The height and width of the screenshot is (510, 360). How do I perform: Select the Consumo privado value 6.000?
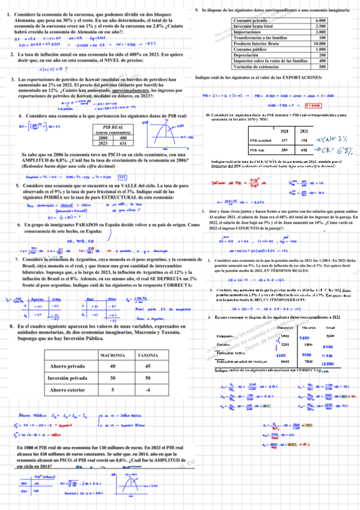pos(320,21)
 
